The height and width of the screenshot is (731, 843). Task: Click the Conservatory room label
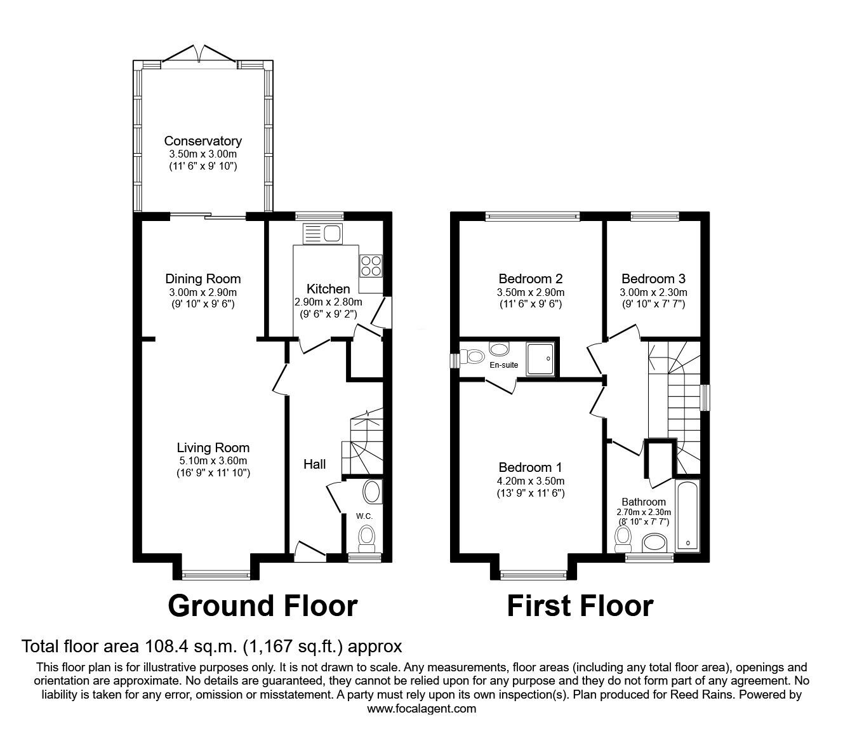[202, 141]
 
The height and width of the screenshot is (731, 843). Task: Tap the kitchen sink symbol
[323, 233]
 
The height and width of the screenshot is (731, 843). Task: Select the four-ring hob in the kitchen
[370, 265]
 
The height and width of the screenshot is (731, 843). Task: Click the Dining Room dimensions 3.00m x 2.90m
[202, 292]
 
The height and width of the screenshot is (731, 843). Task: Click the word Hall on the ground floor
[314, 464]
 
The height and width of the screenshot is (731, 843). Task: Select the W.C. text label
[364, 516]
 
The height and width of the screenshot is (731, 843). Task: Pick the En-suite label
[503, 365]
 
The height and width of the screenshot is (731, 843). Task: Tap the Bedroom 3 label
[653, 278]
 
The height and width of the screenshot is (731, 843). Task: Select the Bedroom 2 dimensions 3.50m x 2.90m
[531, 292]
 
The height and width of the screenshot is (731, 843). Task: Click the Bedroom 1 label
[531, 467]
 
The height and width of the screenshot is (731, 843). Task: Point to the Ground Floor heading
[262, 606]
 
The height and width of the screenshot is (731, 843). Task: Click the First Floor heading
[580, 606]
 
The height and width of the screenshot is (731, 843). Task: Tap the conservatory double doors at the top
[200, 56]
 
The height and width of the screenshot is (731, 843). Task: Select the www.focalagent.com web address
[421, 709]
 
